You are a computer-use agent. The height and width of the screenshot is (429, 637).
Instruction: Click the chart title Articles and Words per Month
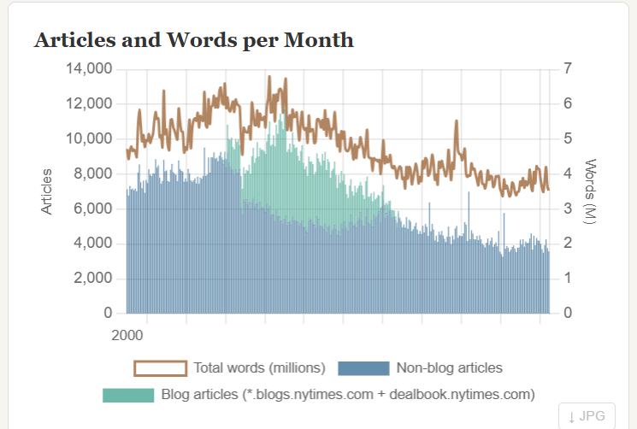193,39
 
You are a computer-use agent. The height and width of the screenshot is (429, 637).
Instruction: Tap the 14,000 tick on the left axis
89,68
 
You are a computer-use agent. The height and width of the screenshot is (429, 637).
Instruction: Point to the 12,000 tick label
89,103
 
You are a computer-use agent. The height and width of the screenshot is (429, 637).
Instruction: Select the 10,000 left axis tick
89,138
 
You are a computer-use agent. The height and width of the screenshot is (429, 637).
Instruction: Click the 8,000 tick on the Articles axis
93,173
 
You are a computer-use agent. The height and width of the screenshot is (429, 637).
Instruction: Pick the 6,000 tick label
93,209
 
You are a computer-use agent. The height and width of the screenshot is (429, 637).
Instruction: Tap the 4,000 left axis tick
93,244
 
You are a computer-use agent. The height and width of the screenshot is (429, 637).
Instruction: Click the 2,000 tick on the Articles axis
93,279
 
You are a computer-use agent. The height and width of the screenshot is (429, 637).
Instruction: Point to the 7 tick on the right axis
568,68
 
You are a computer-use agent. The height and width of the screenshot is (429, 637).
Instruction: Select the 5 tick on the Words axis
568,138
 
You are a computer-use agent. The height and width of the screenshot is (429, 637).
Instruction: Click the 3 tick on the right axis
568,209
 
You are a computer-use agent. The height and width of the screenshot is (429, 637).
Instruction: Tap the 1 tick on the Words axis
568,279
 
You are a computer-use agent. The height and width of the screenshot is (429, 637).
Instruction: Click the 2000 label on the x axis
127,333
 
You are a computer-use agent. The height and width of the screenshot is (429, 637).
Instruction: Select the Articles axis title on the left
47,191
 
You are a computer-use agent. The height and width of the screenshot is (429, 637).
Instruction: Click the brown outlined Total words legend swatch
160,368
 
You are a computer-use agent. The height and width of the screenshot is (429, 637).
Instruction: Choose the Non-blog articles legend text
449,368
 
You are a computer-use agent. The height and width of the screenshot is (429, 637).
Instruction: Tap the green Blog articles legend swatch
127,395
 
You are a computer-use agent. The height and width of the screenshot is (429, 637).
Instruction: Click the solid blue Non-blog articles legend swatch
363,368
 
